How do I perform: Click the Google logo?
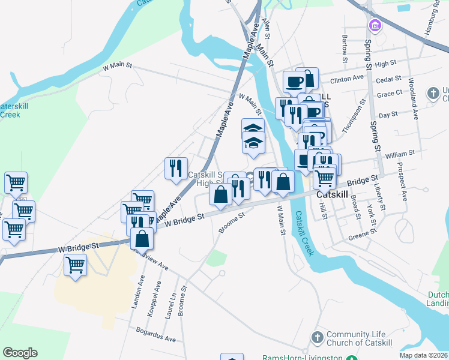20,353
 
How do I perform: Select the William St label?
400,154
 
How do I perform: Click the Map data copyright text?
424,355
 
